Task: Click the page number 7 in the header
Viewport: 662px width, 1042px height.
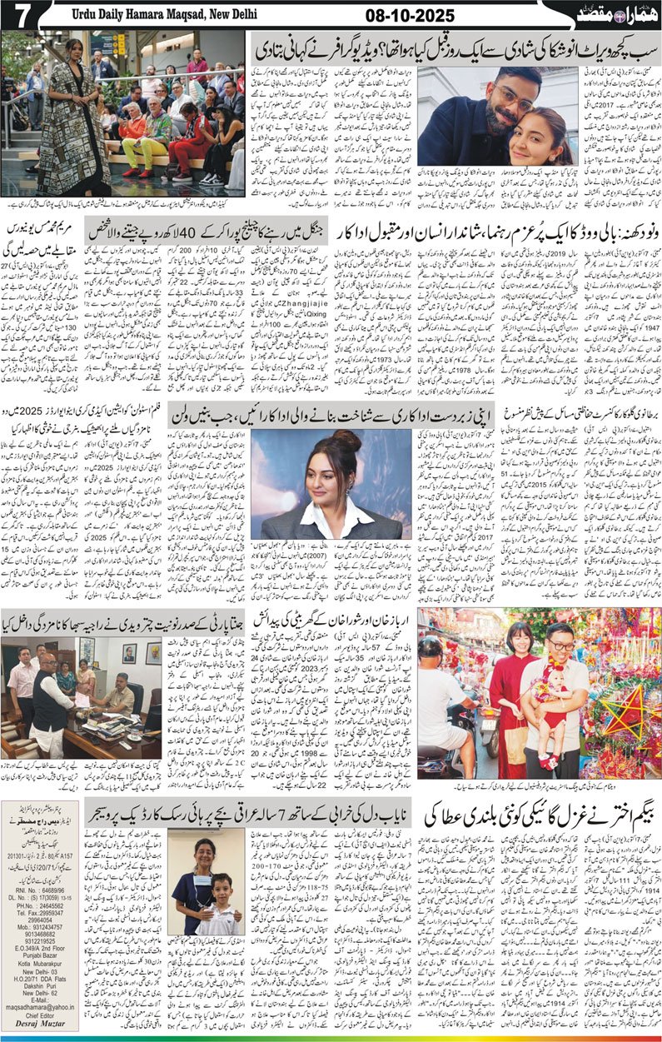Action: pyautogui.click(x=18, y=14)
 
